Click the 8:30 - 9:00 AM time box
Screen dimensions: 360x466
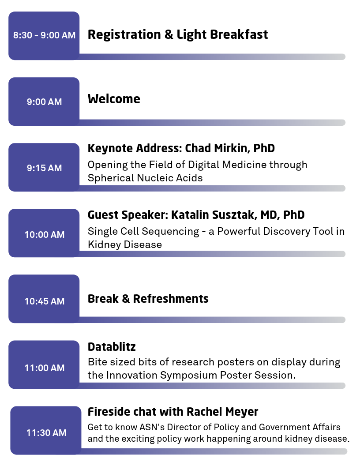tap(44, 36)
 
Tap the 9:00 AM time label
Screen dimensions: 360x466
tap(44, 101)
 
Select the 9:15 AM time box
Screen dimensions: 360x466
tap(44, 167)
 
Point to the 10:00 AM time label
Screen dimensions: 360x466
tap(45, 234)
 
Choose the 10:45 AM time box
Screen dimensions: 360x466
tap(44, 299)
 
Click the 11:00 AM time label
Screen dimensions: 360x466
tap(45, 368)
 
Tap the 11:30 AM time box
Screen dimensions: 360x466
tap(46, 430)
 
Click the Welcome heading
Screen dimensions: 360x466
tap(114, 99)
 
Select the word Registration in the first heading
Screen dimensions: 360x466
tap(124, 35)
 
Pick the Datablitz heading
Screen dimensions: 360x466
tap(112, 346)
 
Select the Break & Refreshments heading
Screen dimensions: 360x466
tap(148, 299)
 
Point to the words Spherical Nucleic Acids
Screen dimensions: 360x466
tap(145, 178)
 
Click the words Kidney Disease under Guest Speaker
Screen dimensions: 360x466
tap(125, 244)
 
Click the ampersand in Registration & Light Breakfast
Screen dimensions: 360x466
tap(169, 34)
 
